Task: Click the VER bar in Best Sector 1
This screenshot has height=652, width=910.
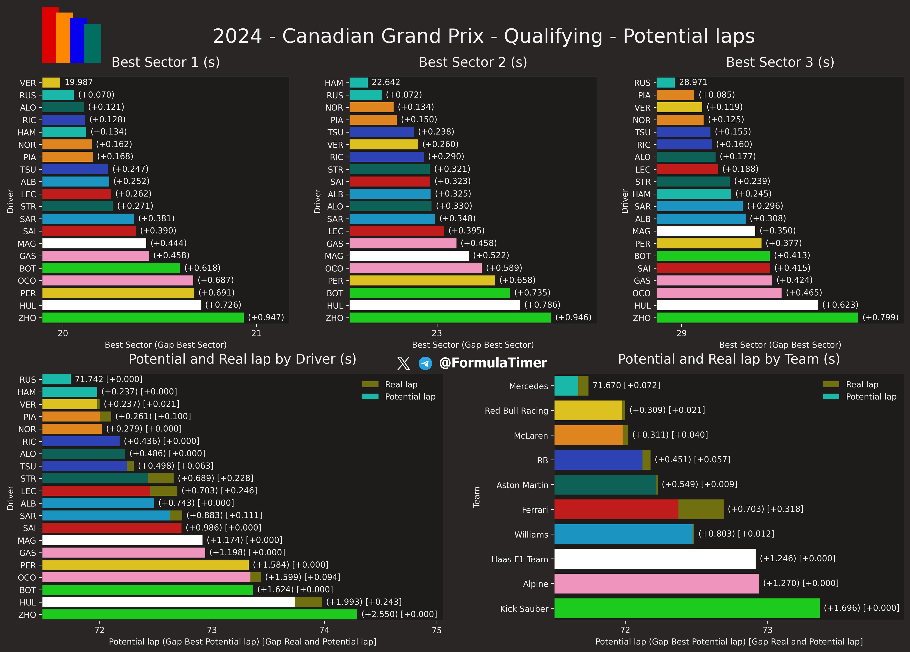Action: point(51,83)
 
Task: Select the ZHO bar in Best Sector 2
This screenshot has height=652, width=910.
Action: point(450,318)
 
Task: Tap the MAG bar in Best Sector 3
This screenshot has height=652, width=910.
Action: point(706,231)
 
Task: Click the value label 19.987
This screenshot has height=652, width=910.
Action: point(79,82)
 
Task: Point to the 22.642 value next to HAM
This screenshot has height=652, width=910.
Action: point(386,82)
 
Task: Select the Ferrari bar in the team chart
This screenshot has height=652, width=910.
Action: point(639,509)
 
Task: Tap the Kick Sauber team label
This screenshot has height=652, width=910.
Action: point(524,609)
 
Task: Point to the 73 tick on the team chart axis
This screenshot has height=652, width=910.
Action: point(768,630)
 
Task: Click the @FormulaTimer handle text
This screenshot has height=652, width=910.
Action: point(493,363)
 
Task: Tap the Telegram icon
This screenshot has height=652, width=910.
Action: point(425,363)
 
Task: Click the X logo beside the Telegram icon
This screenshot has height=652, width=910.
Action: point(403,363)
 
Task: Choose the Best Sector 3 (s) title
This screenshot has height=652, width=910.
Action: point(780,62)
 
